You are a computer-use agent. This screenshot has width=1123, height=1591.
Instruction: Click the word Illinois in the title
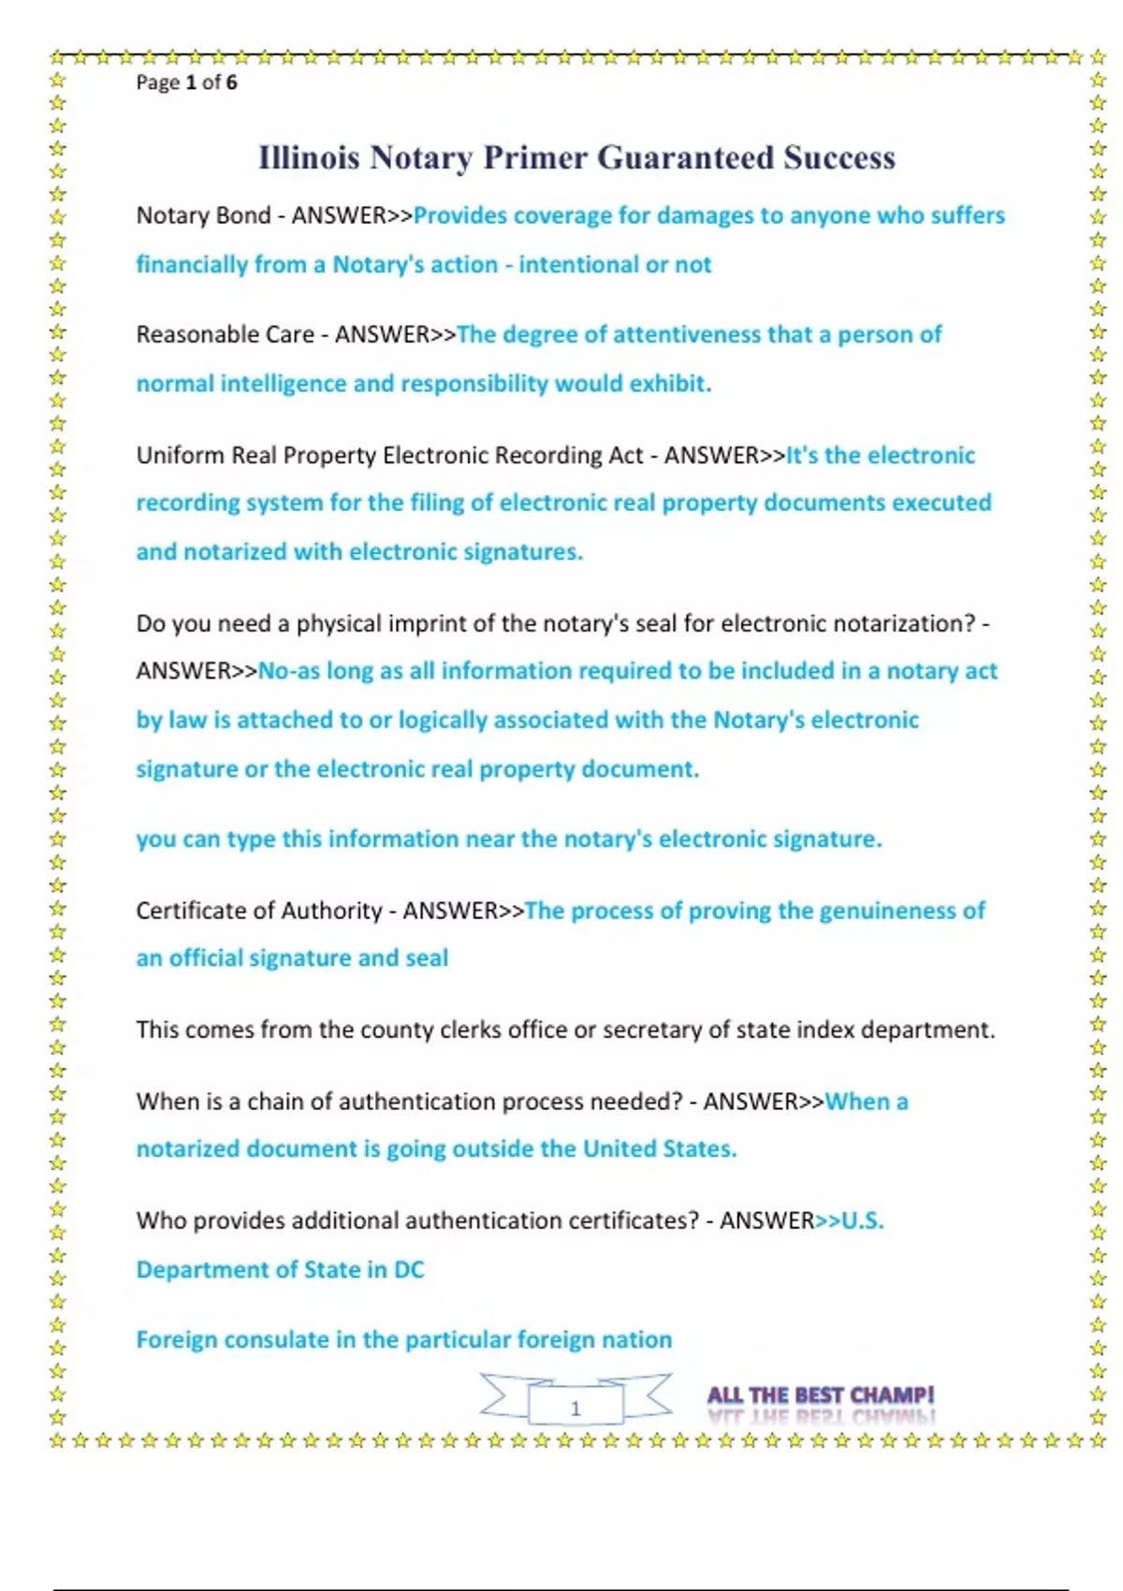(x=309, y=157)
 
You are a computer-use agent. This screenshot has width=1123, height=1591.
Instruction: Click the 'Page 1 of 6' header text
(x=186, y=82)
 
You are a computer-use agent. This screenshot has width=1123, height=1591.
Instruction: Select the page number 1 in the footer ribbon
(x=576, y=1408)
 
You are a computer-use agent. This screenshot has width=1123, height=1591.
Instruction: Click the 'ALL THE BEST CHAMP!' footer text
(x=820, y=1395)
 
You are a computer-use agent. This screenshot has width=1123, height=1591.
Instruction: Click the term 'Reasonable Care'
(x=225, y=335)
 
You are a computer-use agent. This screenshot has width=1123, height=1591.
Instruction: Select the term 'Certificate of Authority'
(x=259, y=911)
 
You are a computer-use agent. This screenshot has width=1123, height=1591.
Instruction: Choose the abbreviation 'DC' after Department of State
(x=409, y=1270)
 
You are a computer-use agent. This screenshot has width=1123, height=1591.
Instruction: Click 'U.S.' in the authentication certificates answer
(x=862, y=1221)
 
